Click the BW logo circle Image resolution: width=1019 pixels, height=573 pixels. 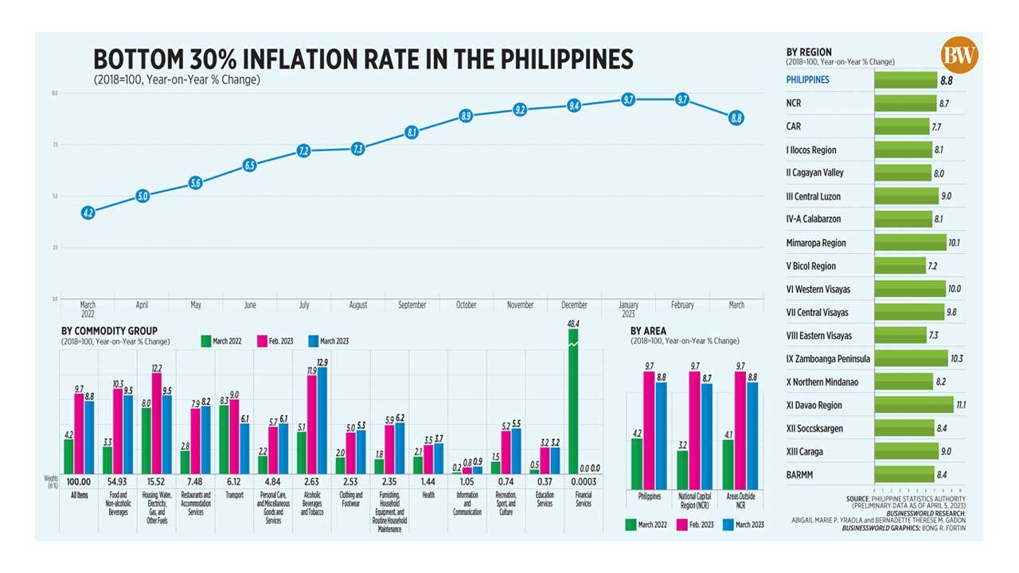point(958,56)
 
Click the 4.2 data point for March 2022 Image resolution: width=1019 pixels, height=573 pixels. point(88,212)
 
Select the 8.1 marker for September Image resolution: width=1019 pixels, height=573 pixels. point(412,133)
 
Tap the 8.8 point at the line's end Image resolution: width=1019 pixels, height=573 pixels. point(736,118)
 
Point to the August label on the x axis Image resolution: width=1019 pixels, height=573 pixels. point(357,305)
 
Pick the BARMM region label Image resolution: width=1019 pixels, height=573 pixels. point(800,475)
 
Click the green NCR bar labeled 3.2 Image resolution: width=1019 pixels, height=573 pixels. point(682,470)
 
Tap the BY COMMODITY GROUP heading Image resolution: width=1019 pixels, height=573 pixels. point(109,331)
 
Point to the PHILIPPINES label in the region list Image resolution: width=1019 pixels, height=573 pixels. point(807,80)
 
